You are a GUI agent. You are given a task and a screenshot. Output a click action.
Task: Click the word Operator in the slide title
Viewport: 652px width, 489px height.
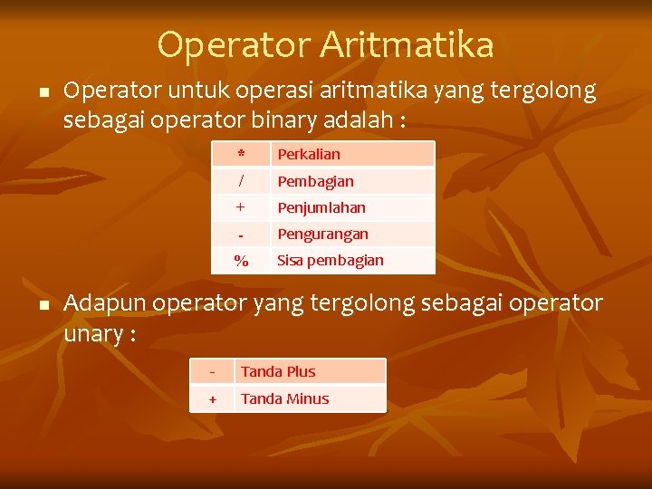coord(220,44)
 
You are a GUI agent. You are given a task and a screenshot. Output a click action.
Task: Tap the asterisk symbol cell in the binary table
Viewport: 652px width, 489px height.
coord(241,154)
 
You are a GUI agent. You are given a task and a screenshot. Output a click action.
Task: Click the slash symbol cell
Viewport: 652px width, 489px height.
coord(241,181)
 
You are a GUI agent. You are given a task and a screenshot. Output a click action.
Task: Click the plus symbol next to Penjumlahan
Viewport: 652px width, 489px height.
coord(241,207)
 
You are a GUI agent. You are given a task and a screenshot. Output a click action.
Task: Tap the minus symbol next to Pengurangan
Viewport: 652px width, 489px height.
coord(241,235)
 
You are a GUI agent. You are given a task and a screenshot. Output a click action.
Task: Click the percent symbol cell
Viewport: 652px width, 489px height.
coord(241,261)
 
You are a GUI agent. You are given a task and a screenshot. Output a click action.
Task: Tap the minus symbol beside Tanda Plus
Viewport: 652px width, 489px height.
coord(212,371)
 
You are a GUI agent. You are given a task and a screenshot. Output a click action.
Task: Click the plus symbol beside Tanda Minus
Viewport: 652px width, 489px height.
coord(212,398)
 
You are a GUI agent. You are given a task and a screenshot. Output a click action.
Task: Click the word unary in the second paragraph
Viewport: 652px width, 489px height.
coord(93,333)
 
